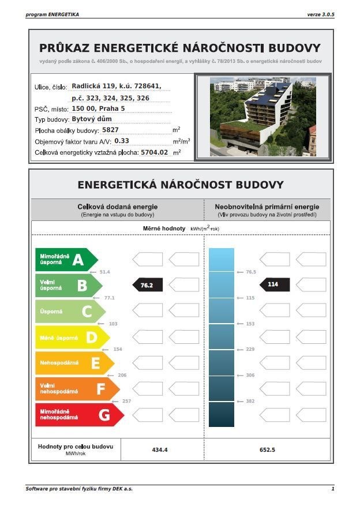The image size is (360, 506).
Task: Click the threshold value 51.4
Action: point(104,272)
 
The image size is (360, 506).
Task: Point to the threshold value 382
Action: point(250,401)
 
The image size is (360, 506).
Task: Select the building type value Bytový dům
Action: point(92,119)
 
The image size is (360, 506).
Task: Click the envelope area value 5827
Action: point(110,130)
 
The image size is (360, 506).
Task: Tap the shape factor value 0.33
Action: point(122,140)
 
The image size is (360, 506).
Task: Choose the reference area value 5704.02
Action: point(154,152)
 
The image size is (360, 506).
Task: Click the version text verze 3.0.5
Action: point(320,13)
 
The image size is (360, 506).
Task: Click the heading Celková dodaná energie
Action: point(117,207)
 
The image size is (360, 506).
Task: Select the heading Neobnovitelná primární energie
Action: point(267,207)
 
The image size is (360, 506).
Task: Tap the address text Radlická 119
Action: point(92,86)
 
